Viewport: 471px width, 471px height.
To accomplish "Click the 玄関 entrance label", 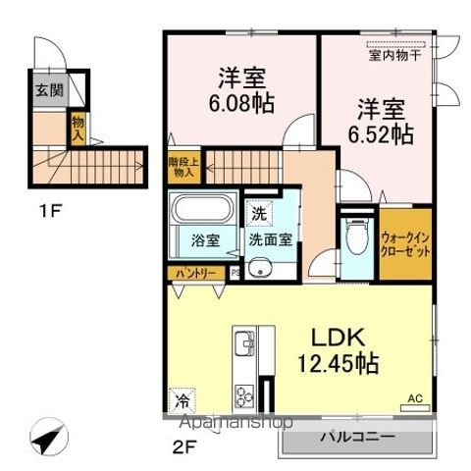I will (46, 90).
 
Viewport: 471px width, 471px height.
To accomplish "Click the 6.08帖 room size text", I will (239, 101).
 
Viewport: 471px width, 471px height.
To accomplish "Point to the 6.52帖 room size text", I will (377, 135).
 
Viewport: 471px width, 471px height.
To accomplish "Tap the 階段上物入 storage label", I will (183, 167).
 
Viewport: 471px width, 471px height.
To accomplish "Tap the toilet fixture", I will (355, 235).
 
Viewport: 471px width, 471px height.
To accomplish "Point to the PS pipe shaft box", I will (235, 273).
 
